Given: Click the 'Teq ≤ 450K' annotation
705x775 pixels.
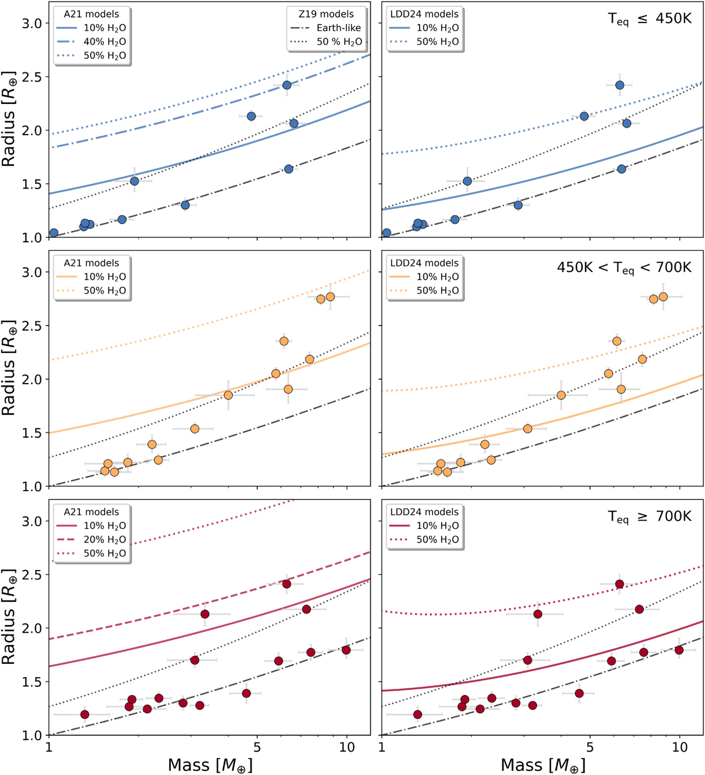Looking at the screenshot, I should point(649,19).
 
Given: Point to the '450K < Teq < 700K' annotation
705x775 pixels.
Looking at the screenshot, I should point(624,268).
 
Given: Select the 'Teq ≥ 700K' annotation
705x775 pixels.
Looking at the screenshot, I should point(649,517).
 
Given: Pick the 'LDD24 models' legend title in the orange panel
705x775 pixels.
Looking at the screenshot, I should point(424,263).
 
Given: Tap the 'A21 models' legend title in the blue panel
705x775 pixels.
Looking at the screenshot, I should point(91,14).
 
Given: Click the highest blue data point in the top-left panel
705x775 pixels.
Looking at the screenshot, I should point(287,85).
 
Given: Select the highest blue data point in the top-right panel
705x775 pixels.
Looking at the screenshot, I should point(619,85).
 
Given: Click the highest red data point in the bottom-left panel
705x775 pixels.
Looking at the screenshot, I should point(287,584).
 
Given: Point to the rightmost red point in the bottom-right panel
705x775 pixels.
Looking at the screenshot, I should point(679,650).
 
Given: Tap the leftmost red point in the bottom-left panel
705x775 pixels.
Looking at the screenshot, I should point(85,714).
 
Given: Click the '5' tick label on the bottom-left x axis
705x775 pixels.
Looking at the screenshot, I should point(257,747).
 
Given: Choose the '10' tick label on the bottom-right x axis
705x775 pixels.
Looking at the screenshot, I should point(680,747).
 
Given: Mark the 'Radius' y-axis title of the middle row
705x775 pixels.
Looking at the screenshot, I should point(8,368).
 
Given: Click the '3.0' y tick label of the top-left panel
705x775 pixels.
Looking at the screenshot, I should point(32,24).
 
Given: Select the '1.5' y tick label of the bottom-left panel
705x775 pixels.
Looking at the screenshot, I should point(32,682).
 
